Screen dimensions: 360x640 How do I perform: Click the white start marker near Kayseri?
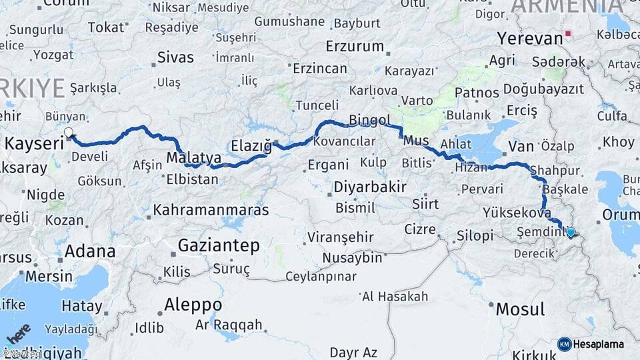point(68,133)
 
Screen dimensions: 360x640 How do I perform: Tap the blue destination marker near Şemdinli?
point(570,232)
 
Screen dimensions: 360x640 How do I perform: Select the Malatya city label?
point(193,158)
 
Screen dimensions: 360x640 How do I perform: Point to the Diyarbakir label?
point(370,187)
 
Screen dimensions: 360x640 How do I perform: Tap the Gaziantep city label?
point(219,246)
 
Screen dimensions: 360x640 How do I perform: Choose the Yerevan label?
point(530,39)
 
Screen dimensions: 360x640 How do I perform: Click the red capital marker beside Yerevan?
point(568,33)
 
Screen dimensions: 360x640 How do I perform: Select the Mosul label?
point(520,309)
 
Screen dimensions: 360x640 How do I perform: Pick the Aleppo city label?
point(193,305)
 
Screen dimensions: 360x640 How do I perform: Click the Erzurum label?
point(355,47)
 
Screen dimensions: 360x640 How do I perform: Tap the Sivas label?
point(175,57)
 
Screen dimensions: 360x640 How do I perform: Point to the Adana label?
point(89,252)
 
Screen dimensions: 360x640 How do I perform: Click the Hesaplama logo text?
point(599,345)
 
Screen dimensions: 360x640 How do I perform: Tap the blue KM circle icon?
point(565,344)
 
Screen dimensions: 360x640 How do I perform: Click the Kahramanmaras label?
point(211,210)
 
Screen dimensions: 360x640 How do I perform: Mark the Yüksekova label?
point(517,213)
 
